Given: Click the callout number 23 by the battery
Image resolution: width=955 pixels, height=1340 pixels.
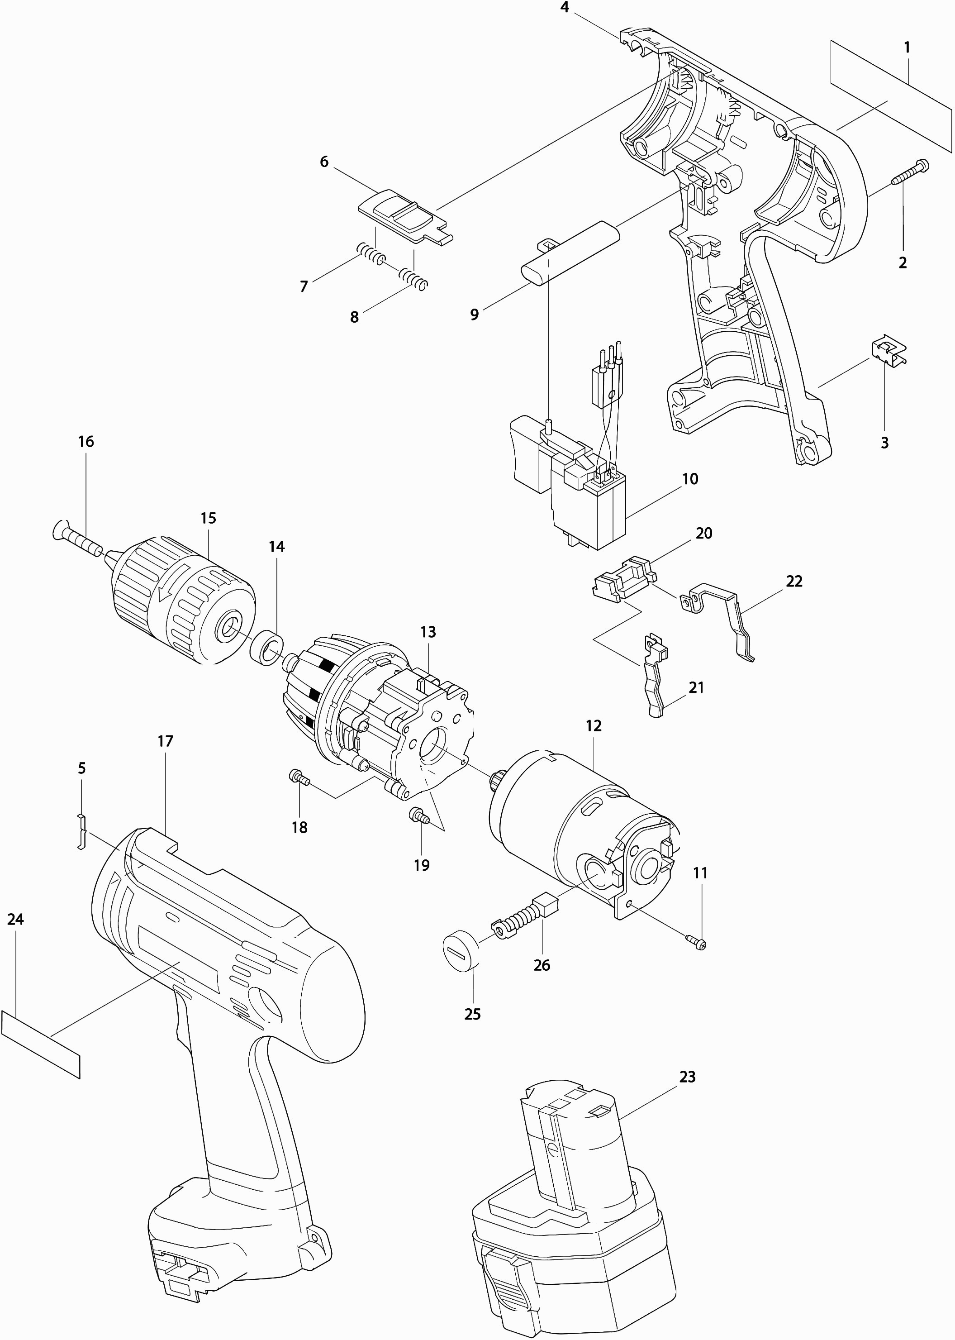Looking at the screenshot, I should tap(687, 1077).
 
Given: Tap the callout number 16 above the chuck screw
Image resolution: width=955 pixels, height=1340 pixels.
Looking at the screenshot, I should tap(86, 441).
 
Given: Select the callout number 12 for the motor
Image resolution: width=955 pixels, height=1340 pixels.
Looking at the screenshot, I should tap(594, 726).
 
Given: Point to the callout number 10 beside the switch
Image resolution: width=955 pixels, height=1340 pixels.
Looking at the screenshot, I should tap(690, 479).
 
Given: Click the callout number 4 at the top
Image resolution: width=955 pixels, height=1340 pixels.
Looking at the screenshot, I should tap(565, 8).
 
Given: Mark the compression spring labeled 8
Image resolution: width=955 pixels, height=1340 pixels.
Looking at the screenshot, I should tap(413, 278).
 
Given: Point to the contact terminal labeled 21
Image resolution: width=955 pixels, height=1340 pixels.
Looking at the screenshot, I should tap(655, 677).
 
